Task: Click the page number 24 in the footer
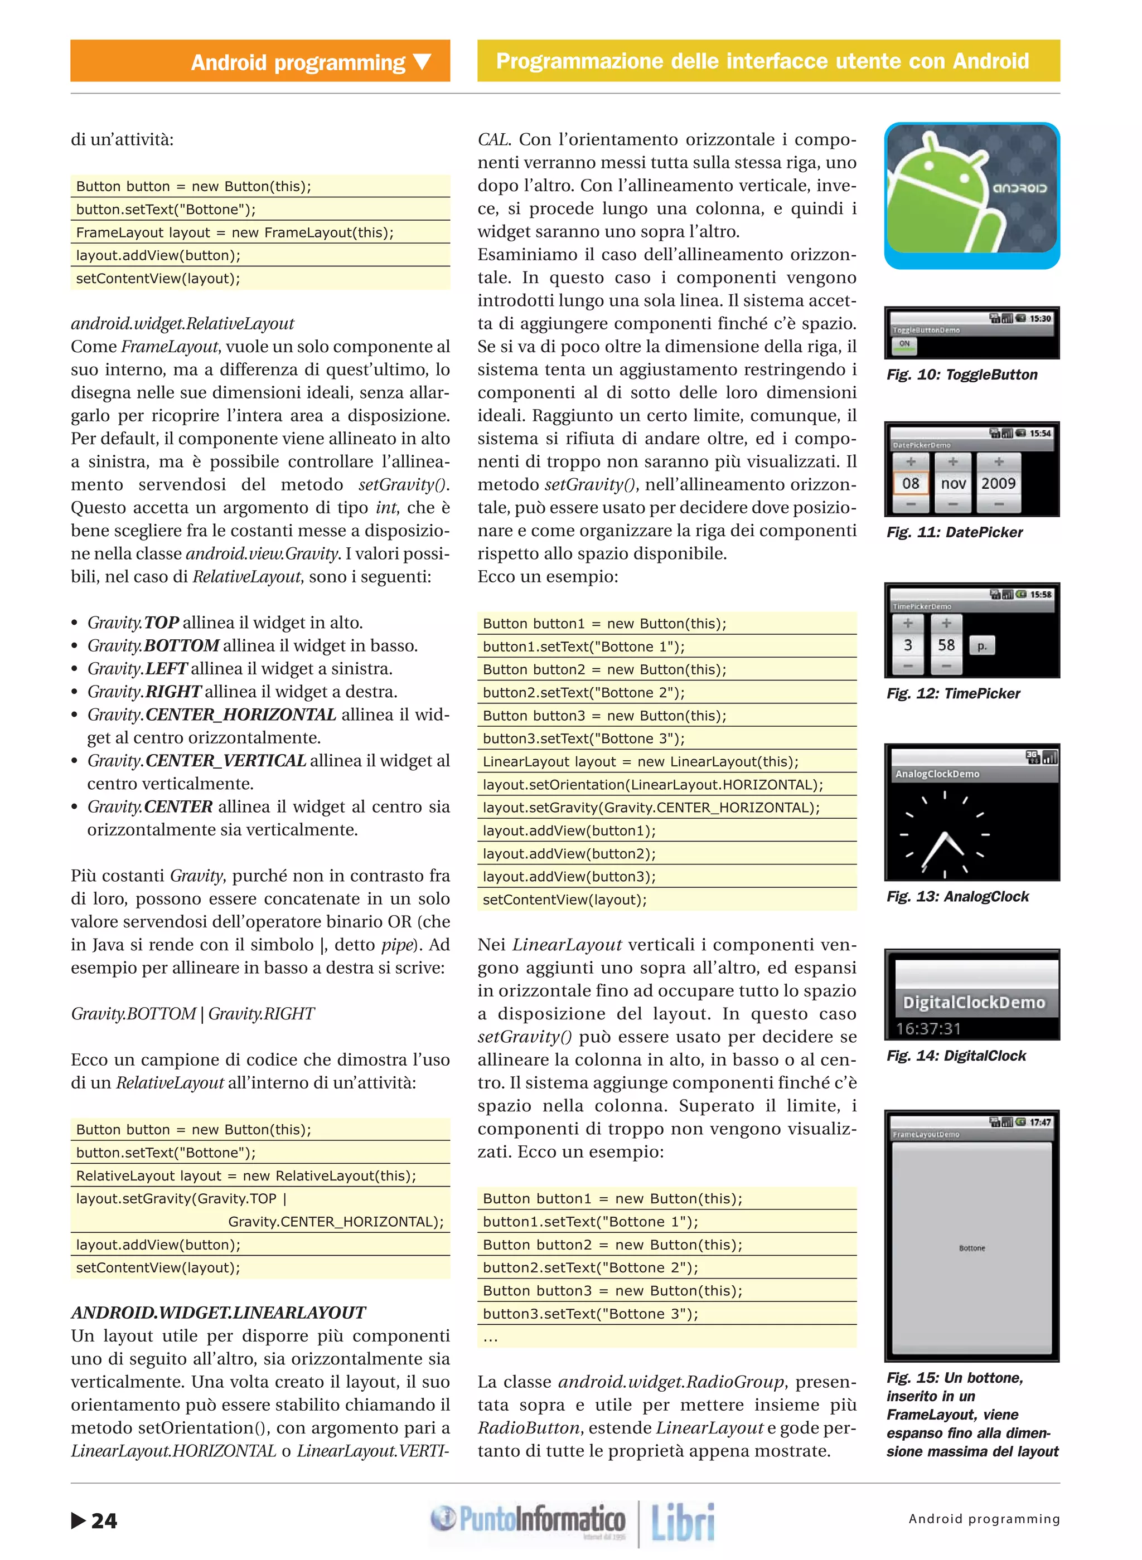tap(104, 1520)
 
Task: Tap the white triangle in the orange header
tap(422, 62)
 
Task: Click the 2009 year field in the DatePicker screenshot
tap(998, 483)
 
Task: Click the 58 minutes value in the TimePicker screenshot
tap(946, 645)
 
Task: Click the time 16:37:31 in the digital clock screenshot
tap(928, 1028)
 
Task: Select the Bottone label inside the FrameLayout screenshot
tap(972, 1248)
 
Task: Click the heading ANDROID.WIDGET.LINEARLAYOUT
tap(219, 1312)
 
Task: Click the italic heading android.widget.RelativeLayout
tap(182, 323)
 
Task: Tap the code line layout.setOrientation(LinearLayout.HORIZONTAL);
tap(652, 784)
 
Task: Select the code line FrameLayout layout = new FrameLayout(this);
tap(235, 232)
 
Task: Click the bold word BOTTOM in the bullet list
tap(182, 645)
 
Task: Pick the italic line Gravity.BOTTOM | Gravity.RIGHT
tap(192, 1013)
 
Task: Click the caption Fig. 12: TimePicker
tap(954, 693)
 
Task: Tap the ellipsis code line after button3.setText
tap(491, 1338)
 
